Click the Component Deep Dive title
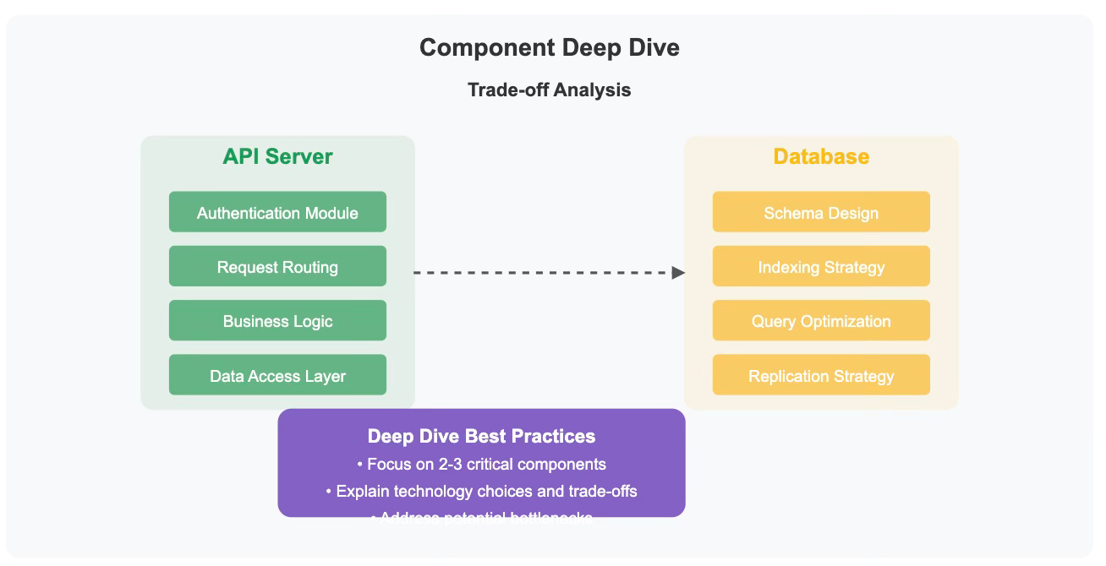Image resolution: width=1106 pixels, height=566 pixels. (549, 47)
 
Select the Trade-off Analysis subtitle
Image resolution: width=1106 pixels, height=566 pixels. (549, 90)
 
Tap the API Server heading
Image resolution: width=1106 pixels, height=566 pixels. (277, 156)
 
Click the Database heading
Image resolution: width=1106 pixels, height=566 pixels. (821, 156)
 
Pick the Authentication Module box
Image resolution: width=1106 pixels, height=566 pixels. (277, 212)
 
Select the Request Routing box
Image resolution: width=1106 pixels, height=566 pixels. (277, 267)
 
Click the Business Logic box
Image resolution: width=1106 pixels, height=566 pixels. (277, 321)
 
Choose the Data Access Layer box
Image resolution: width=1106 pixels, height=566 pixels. (277, 376)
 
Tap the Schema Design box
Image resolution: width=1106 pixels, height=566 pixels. (821, 212)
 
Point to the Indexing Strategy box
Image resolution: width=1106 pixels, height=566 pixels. (821, 267)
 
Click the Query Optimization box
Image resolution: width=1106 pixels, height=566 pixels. (821, 321)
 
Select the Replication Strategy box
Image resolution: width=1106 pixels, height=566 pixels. (821, 376)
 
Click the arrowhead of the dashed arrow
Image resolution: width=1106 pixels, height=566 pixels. (678, 273)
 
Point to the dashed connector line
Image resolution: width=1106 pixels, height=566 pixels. (541, 273)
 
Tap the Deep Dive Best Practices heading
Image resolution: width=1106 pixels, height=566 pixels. (481, 436)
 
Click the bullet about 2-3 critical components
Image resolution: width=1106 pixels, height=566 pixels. (481, 464)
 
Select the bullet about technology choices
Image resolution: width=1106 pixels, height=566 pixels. (481, 491)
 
